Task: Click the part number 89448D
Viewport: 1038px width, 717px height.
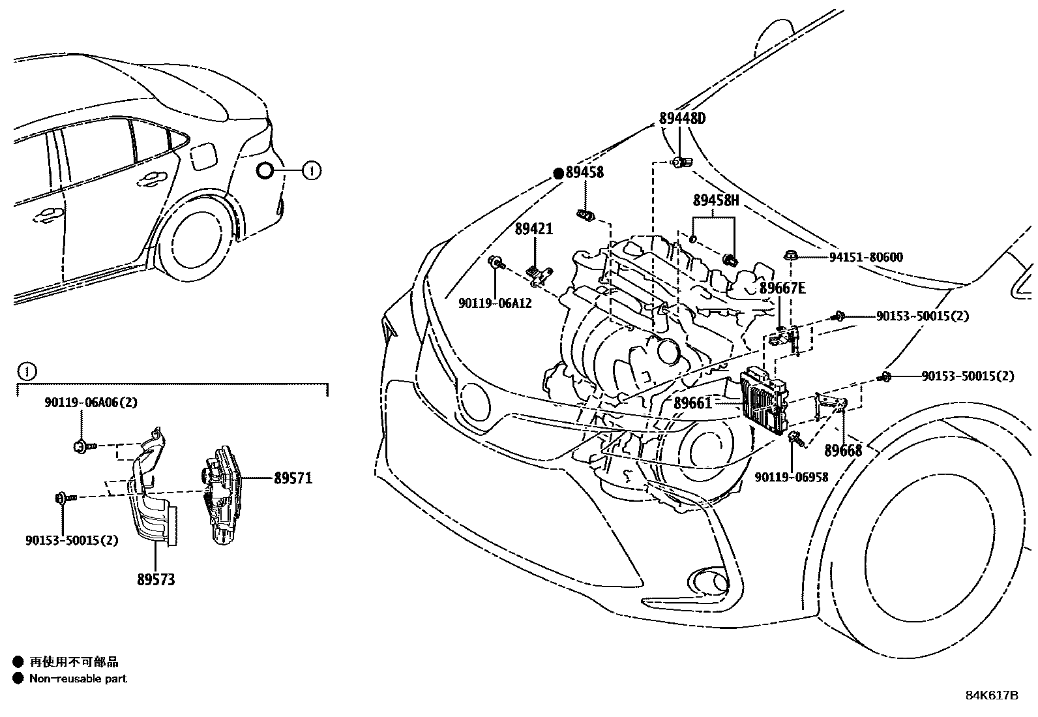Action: click(x=682, y=119)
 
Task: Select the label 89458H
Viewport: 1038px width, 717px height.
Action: click(x=715, y=201)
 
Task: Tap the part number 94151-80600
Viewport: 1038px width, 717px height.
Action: click(x=866, y=257)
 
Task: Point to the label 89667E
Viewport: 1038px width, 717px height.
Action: click(x=782, y=288)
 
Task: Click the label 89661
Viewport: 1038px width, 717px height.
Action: click(x=692, y=404)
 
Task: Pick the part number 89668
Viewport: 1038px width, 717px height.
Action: click(x=842, y=451)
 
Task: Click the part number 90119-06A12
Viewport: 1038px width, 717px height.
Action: click(x=495, y=303)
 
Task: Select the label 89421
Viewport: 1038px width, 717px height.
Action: click(x=533, y=229)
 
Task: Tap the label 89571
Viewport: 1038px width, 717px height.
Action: click(x=293, y=478)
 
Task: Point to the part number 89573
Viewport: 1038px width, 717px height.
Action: click(x=156, y=579)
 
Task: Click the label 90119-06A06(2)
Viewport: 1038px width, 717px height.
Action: click(x=91, y=403)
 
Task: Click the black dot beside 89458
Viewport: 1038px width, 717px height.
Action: click(x=558, y=173)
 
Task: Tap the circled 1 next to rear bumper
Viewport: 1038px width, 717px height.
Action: click(x=312, y=172)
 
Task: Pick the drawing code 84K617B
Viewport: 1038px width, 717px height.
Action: click(x=991, y=695)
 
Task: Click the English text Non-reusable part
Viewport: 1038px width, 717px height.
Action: click(x=78, y=679)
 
